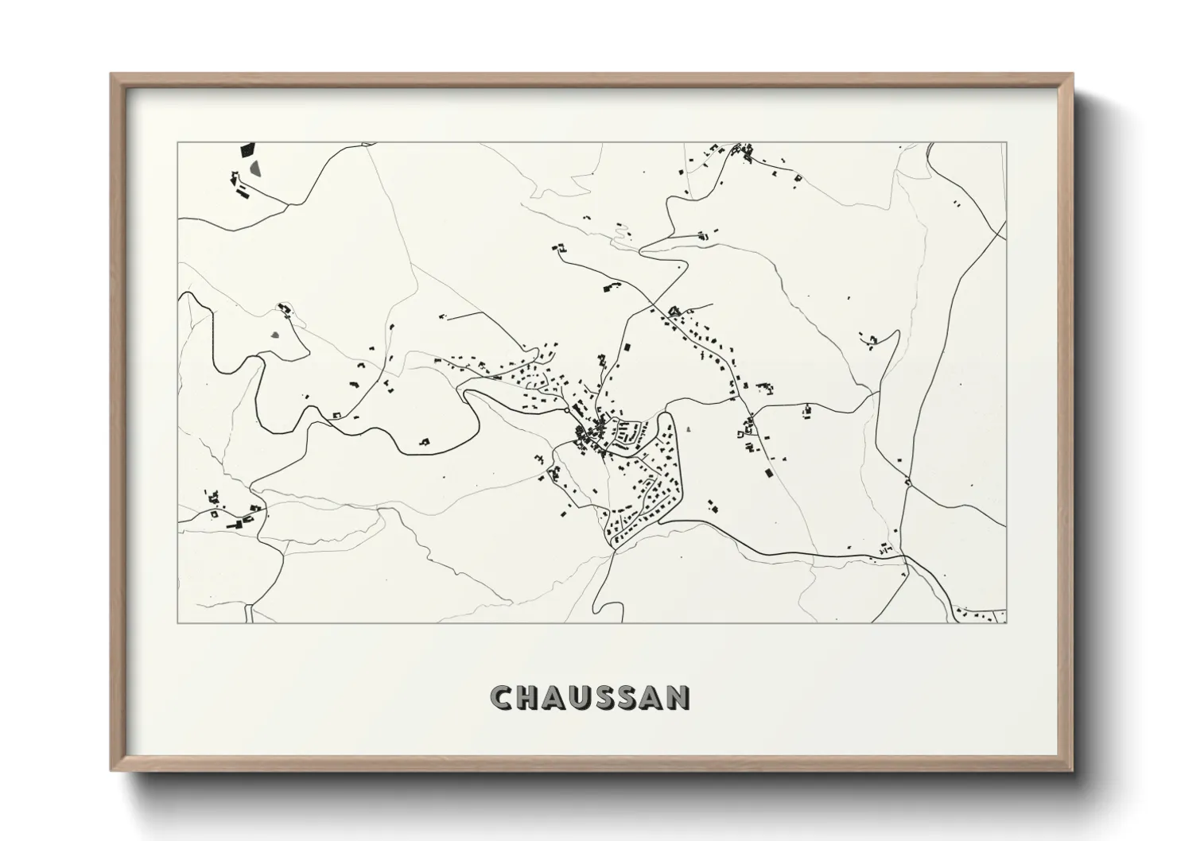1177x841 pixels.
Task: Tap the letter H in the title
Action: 527,698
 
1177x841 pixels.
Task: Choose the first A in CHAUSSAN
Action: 554,698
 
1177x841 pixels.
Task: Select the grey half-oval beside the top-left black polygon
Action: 255,169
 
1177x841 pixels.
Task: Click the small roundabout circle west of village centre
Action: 565,411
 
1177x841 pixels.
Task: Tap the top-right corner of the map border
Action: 1006,142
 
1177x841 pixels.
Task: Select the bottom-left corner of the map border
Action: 178,622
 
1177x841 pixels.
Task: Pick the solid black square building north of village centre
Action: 626,347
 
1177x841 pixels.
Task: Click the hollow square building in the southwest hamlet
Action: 215,514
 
